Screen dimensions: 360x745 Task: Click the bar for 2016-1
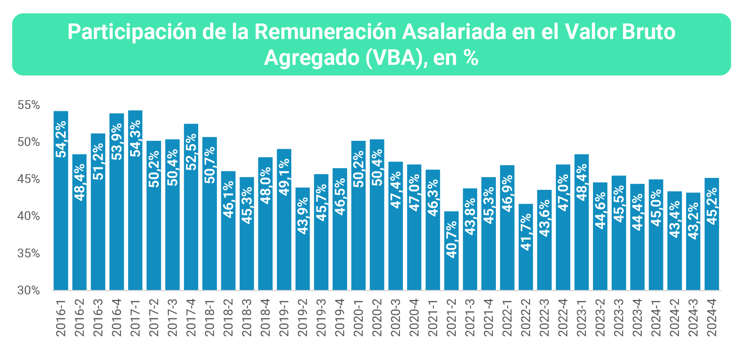[61, 200]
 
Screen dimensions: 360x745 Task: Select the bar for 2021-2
[451, 251]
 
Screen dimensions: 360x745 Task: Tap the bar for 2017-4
[191, 207]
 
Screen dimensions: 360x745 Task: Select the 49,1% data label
[284, 177]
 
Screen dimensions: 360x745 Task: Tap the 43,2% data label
[693, 221]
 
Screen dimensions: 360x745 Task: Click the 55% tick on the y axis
[29, 105]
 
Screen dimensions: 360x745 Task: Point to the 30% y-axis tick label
[29, 291]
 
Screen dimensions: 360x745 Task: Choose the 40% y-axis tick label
[29, 216]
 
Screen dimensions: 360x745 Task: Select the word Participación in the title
[132, 32]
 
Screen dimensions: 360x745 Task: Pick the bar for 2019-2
[302, 239]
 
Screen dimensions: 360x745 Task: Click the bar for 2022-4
[563, 227]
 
